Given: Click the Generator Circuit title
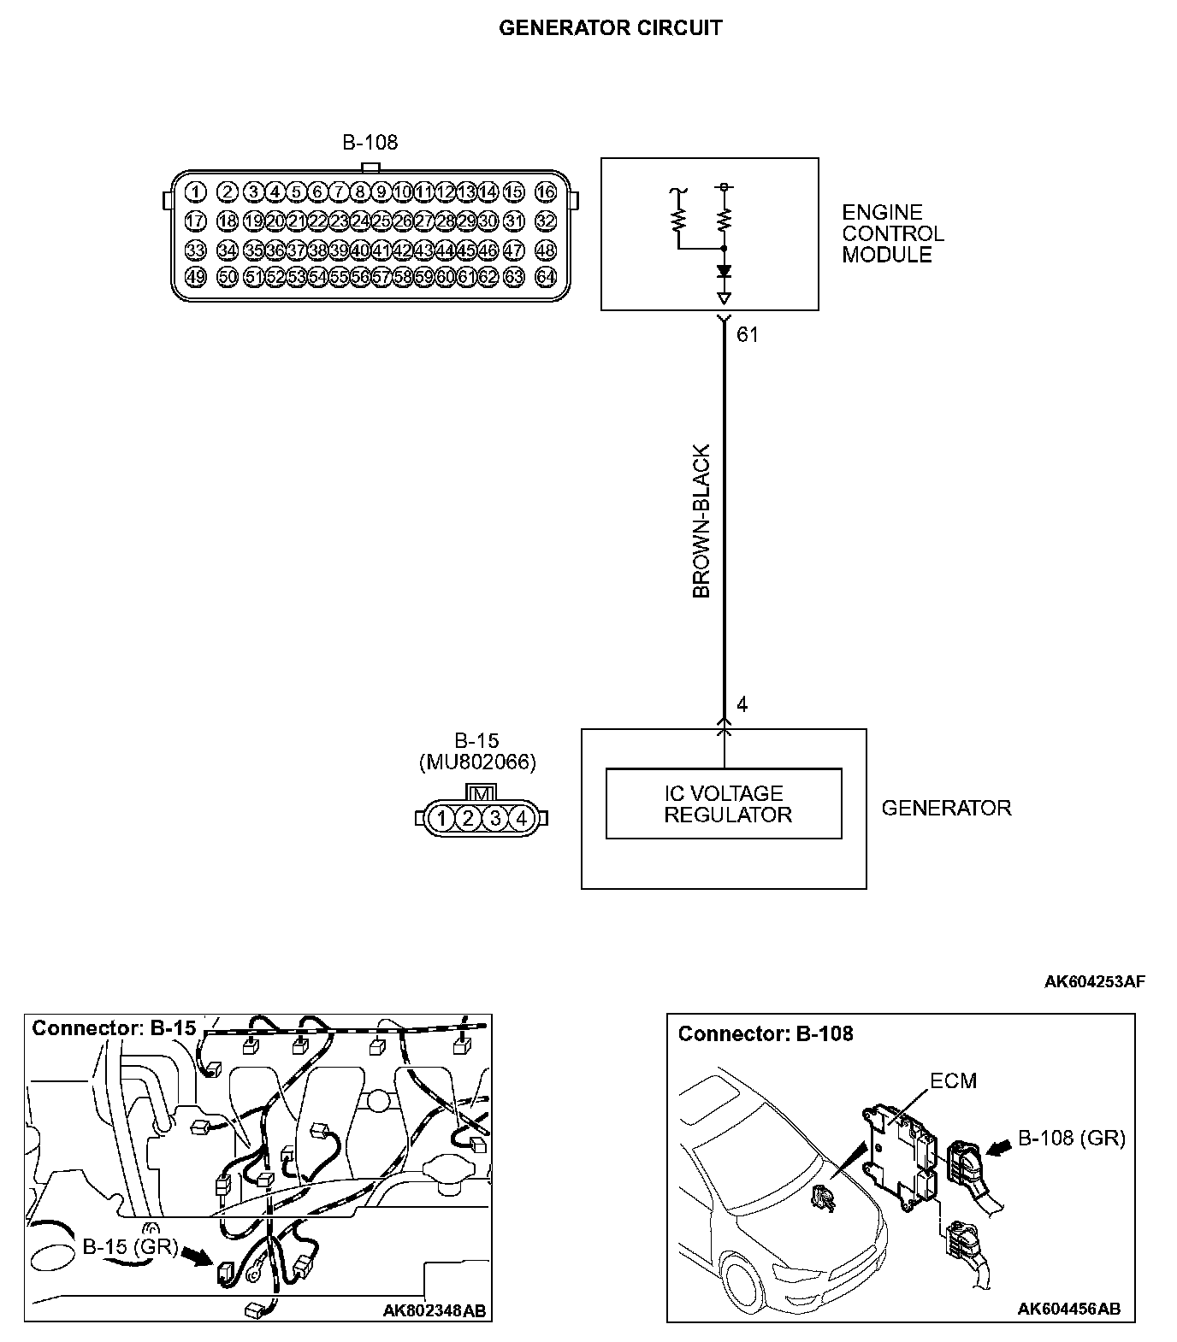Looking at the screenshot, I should (x=610, y=28).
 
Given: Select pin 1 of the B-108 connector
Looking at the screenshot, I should (x=195, y=191).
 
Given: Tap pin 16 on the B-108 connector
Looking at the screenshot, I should (x=545, y=191).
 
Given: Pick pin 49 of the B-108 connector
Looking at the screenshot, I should (x=195, y=276).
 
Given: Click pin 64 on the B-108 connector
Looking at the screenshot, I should (x=545, y=276).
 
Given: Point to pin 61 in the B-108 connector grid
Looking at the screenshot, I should (x=466, y=276).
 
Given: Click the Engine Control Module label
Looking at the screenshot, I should (x=892, y=233).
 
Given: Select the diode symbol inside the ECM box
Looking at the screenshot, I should (x=725, y=272).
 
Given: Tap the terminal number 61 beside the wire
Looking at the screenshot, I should (x=748, y=335).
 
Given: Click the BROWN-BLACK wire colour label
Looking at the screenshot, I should (x=701, y=521).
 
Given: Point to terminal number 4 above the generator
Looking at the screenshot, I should (x=742, y=704).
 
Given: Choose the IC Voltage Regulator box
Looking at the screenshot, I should (x=724, y=804).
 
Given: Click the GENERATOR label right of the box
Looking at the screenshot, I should (x=946, y=808).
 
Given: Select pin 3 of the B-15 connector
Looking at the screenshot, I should (x=495, y=819).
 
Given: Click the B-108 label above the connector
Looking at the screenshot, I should (x=370, y=143).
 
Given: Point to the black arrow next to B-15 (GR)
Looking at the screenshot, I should (x=198, y=1255).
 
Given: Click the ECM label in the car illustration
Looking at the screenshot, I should (x=953, y=1081).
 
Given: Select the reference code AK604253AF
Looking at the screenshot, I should (x=1094, y=981).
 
